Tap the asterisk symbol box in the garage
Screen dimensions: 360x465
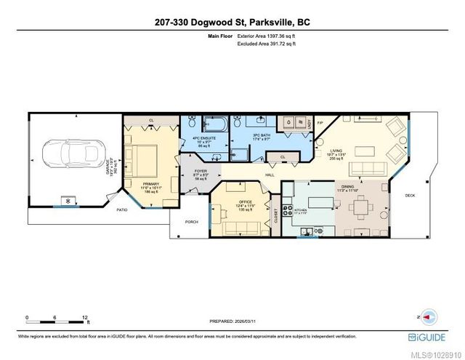pos(69,200)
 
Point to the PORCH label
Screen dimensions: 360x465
pos(192,222)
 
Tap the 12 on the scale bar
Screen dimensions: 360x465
pos(86,318)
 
